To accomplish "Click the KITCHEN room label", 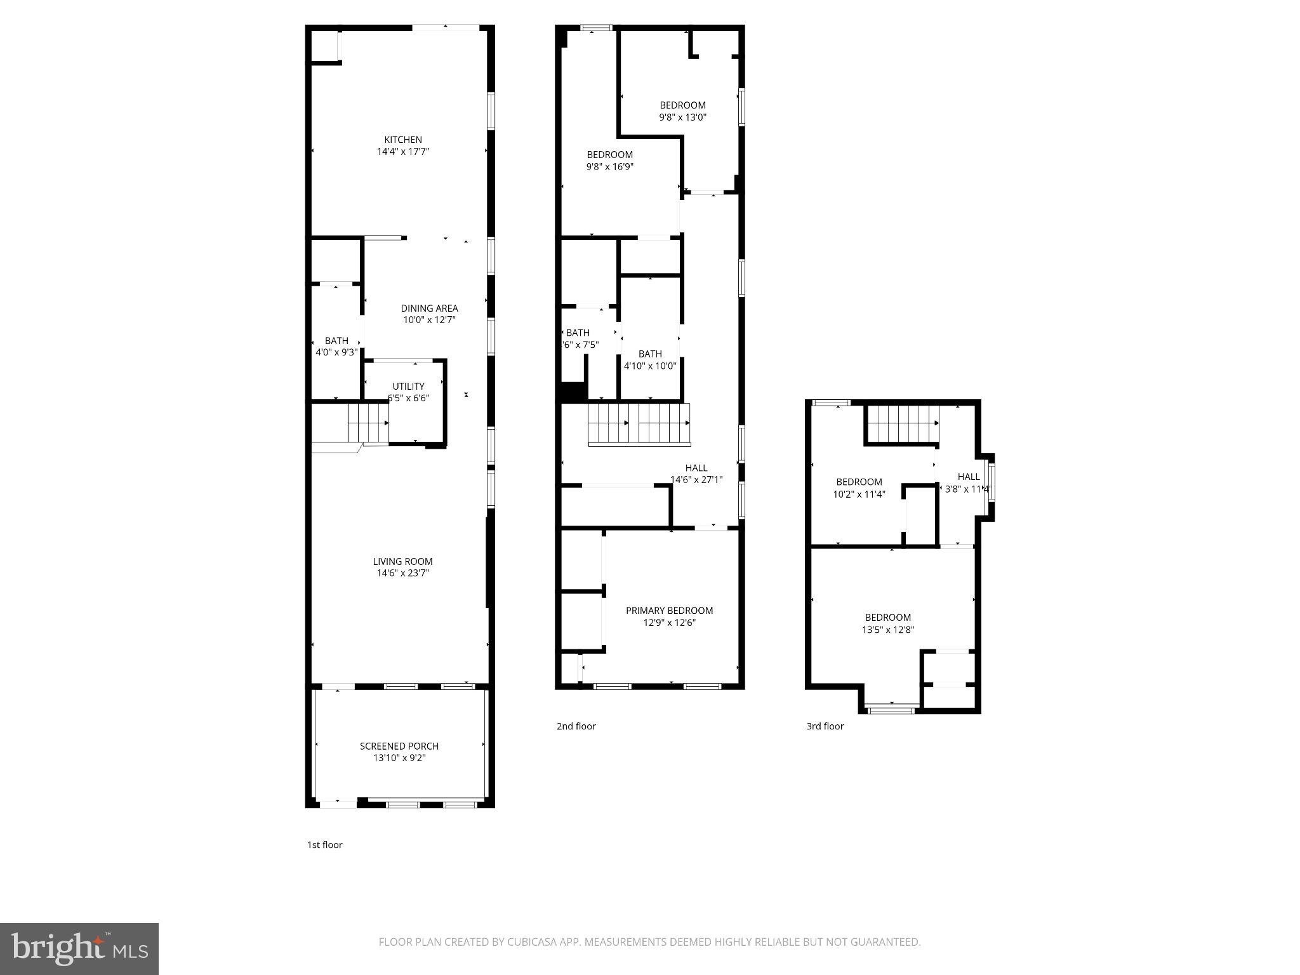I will click(x=403, y=140).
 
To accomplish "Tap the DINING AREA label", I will click(x=429, y=308).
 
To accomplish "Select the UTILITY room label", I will click(x=408, y=386).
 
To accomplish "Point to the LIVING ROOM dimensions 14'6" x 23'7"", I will click(x=403, y=573).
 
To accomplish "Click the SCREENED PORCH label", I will click(x=399, y=746).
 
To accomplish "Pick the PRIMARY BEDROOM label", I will click(x=669, y=611).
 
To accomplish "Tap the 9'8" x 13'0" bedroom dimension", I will click(x=682, y=117).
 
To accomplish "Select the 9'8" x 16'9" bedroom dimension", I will click(x=609, y=167).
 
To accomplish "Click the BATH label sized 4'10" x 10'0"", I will click(x=650, y=354).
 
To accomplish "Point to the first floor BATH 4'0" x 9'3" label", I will click(x=336, y=341).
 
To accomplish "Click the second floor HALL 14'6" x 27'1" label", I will click(x=696, y=468).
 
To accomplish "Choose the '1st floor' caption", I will click(x=324, y=845).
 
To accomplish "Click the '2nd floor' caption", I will click(x=576, y=726).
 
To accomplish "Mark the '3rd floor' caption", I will click(x=825, y=726).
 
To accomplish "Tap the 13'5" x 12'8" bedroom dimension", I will click(x=887, y=630).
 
